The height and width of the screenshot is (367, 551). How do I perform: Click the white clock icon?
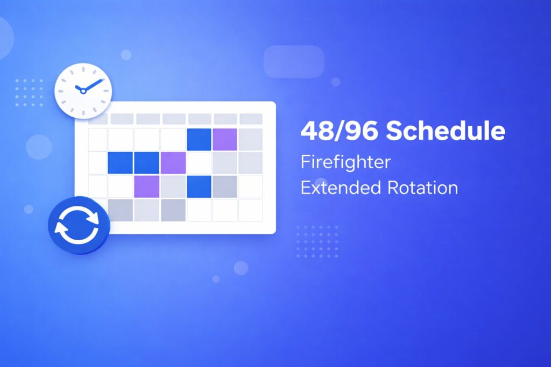click(83, 91)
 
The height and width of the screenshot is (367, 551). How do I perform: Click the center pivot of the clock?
click(83, 91)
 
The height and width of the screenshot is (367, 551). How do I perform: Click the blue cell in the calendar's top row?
click(199, 139)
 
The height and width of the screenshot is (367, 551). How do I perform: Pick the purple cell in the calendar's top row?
click(225, 139)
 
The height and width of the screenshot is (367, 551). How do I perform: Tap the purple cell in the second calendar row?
click(173, 163)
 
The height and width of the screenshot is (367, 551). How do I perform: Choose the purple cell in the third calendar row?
click(146, 186)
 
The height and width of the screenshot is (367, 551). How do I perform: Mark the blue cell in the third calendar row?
click(199, 186)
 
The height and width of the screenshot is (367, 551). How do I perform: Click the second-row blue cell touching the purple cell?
click(146, 163)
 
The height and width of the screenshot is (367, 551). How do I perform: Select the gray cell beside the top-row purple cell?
click(251, 139)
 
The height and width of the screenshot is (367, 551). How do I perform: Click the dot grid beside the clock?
click(29, 92)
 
